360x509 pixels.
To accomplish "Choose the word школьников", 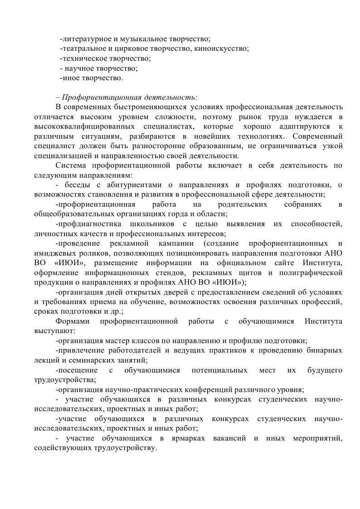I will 146,224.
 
